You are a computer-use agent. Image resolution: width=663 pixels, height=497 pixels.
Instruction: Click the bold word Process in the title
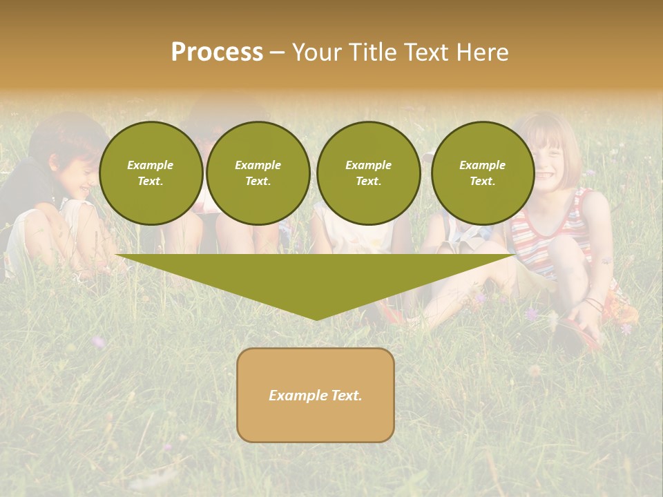pos(217,52)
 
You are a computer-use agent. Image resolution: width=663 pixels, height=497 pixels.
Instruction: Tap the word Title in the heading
pos(371,52)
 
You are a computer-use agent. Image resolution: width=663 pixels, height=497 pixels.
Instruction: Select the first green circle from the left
pos(151,173)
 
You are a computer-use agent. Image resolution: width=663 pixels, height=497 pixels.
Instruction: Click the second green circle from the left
pos(258,173)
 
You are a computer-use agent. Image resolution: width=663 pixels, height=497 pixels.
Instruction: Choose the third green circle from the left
pos(368,173)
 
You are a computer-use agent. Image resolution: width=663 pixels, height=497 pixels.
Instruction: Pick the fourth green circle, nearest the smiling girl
pos(482,173)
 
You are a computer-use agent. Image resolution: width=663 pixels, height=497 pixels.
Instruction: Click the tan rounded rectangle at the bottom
pos(316,421)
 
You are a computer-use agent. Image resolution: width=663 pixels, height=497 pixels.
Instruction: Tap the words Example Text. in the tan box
pos(316,396)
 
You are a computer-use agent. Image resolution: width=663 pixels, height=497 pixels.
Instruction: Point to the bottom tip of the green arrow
pos(316,318)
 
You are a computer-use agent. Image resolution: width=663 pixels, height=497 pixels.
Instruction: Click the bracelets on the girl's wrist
pos(594,304)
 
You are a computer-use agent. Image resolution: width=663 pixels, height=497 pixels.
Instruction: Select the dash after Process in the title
pos(277,52)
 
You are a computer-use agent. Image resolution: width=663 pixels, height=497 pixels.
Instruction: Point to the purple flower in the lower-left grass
pos(99,341)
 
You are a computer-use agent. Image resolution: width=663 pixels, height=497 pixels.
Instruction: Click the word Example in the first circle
pos(151,165)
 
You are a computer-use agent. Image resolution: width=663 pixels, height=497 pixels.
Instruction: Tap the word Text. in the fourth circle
pos(482,182)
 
